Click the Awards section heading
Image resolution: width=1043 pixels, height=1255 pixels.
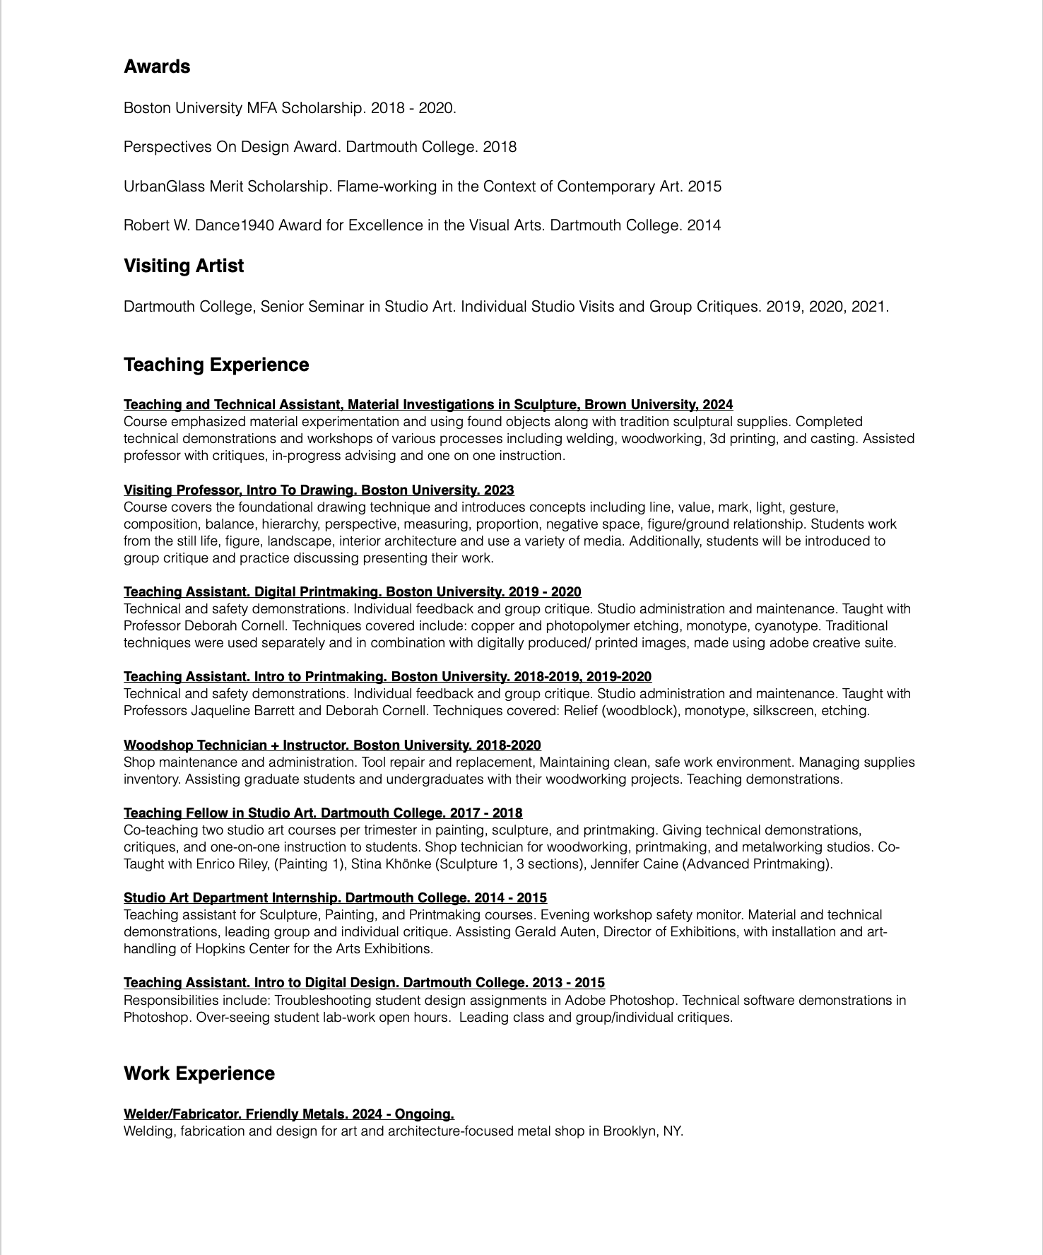(x=157, y=66)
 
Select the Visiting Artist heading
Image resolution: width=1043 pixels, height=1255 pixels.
(x=184, y=266)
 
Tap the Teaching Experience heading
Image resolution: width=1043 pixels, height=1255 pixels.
(x=216, y=365)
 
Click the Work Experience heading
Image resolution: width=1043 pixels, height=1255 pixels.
(x=199, y=1073)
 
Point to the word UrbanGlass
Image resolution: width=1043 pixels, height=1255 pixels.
(x=164, y=187)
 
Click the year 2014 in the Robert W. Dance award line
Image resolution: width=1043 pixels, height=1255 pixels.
(x=704, y=225)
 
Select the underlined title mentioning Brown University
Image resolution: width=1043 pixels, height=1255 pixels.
(x=428, y=404)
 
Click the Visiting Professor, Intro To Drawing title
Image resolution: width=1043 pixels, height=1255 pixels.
(x=319, y=490)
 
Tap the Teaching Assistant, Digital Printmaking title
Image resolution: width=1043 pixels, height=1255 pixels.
(x=352, y=591)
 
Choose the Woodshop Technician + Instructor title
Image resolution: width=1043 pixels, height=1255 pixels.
(x=332, y=745)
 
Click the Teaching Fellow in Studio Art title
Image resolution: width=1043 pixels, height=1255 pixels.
(x=323, y=813)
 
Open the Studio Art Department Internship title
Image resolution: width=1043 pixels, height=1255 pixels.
(x=335, y=897)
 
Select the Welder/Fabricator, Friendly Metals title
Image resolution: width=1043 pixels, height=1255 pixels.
(x=288, y=1114)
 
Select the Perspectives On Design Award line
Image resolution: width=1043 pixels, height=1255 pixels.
(x=319, y=147)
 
